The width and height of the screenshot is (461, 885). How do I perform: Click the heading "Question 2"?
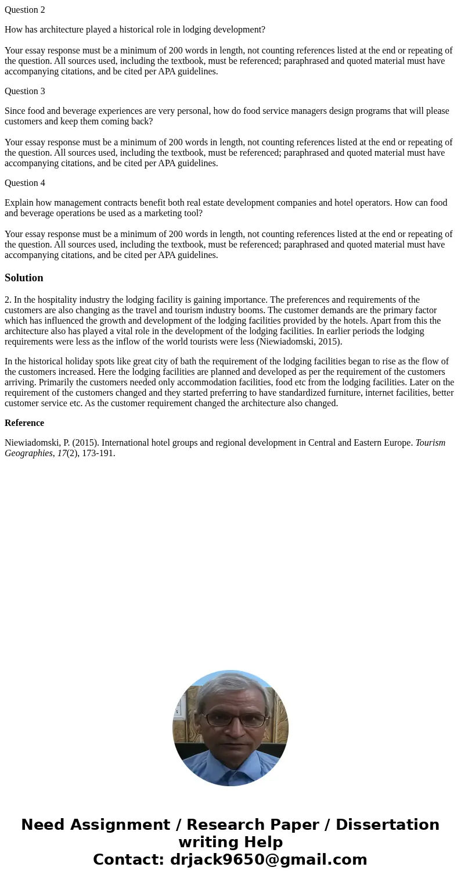click(x=25, y=10)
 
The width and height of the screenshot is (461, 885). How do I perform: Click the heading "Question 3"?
click(x=25, y=91)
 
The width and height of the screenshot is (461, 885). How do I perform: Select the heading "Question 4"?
click(x=25, y=183)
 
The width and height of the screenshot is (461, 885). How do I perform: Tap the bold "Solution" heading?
click(x=24, y=278)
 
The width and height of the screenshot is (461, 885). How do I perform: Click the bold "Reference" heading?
click(x=24, y=423)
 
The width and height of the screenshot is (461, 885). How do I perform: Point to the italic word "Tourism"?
click(x=430, y=443)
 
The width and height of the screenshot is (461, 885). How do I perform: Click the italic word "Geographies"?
click(x=28, y=453)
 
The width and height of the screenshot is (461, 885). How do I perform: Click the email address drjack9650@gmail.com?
click(x=268, y=859)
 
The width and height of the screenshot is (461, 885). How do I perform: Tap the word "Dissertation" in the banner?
click(x=387, y=825)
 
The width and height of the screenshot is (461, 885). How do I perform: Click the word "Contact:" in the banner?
click(x=129, y=859)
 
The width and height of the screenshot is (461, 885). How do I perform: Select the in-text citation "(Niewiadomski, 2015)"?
click(x=299, y=342)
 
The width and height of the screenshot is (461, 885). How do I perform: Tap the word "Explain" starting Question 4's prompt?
click(x=19, y=203)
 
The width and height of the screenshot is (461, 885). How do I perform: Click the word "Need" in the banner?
click(x=45, y=825)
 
